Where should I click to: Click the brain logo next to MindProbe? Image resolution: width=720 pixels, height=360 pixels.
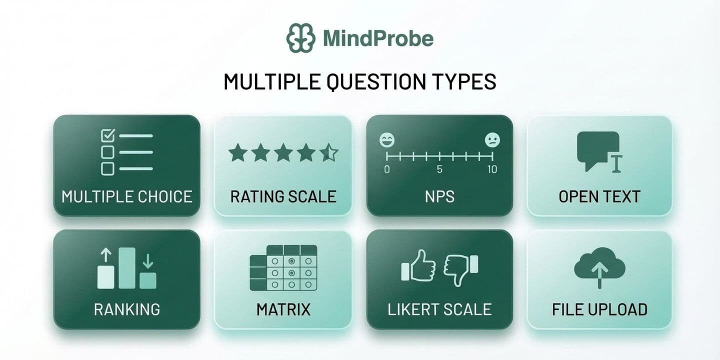(301, 38)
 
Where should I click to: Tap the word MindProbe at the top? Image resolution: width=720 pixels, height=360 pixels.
(378, 38)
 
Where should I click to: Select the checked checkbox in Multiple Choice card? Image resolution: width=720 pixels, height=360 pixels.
(108, 135)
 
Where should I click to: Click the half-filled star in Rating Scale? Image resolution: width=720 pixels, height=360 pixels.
(329, 152)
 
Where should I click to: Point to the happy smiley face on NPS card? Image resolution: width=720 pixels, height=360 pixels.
(387, 140)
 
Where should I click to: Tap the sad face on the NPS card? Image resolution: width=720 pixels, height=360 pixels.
(492, 140)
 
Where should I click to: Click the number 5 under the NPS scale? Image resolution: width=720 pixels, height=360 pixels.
(439, 169)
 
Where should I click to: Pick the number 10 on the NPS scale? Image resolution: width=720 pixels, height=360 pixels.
(492, 169)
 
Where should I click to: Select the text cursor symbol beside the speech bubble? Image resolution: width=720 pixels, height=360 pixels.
(616, 163)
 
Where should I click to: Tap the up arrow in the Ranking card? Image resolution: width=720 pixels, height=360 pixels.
(106, 255)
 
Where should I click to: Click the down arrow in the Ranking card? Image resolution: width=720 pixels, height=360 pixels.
(148, 261)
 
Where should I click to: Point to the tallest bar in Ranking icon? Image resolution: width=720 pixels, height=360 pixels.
(127, 268)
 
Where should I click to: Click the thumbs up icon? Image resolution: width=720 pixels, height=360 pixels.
(418, 266)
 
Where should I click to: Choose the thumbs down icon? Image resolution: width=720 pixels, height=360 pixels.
(460, 269)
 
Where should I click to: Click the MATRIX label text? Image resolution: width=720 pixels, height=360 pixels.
(283, 309)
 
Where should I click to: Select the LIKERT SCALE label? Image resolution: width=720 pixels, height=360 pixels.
(439, 309)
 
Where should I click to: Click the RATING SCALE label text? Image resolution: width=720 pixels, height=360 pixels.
(283, 196)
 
